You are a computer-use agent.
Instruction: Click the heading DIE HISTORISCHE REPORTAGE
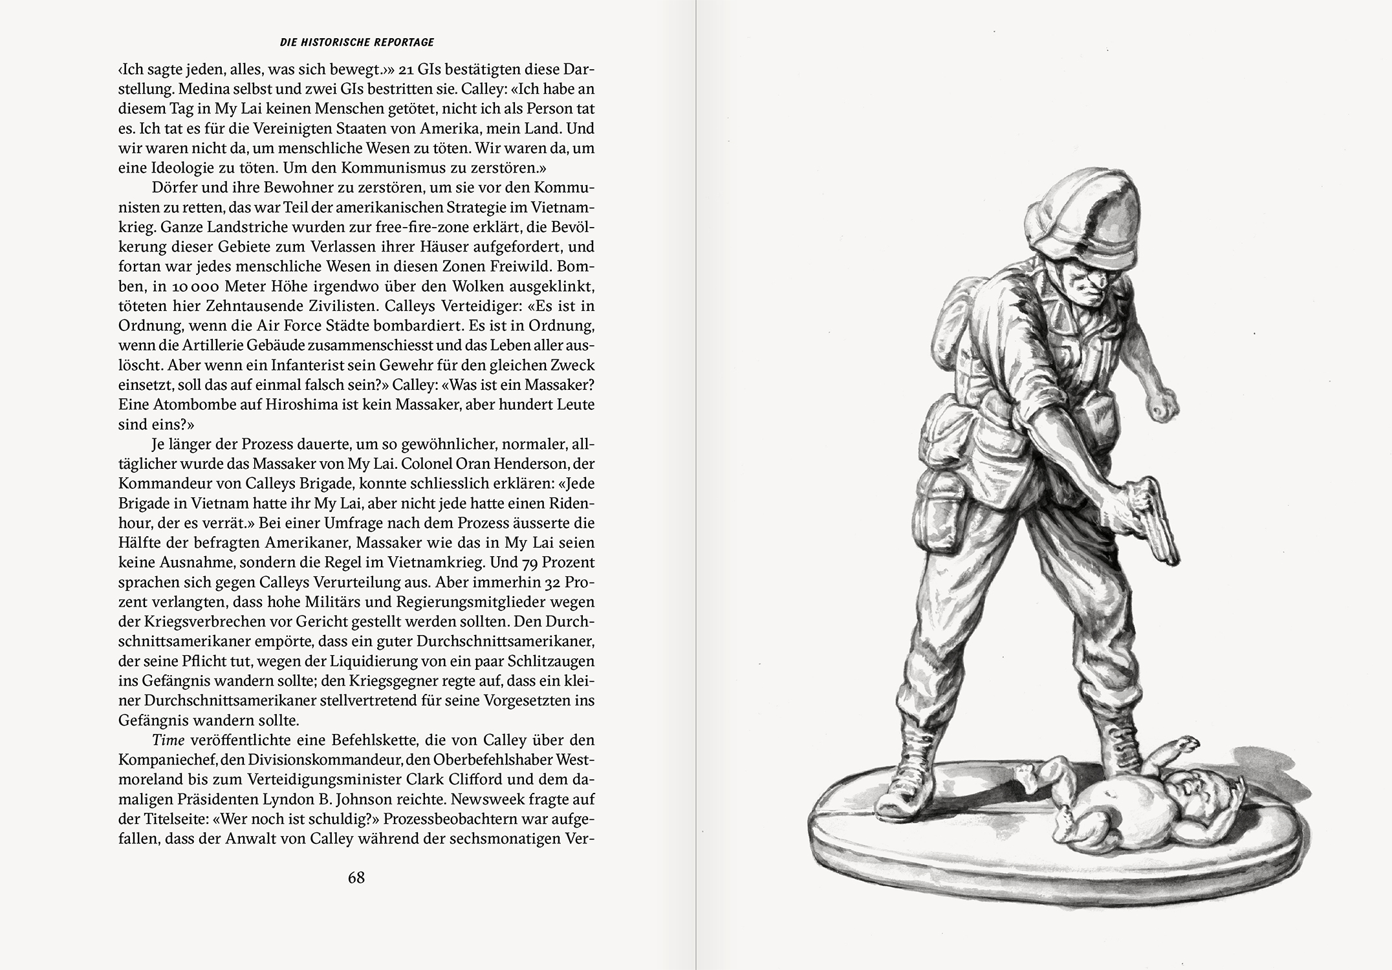click(x=356, y=43)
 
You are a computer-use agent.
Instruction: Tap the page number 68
click(x=356, y=878)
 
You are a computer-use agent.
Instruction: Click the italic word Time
click(x=168, y=740)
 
